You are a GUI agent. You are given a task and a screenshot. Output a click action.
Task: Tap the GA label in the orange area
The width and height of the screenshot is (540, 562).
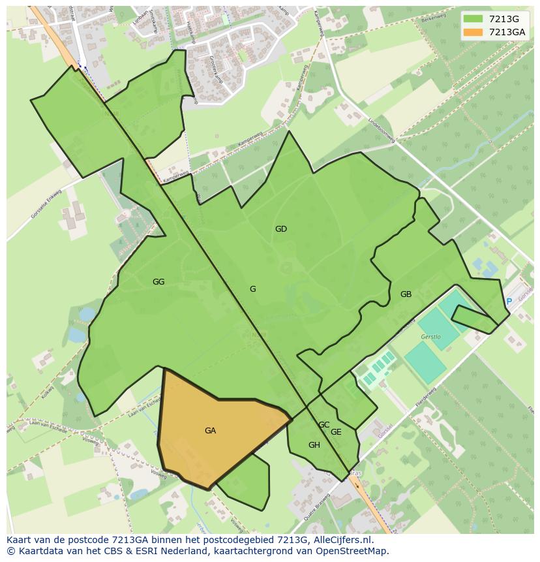(210, 431)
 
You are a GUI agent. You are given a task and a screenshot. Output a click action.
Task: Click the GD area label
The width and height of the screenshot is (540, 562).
(281, 229)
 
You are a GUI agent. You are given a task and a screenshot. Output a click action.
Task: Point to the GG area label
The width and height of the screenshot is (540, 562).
(158, 282)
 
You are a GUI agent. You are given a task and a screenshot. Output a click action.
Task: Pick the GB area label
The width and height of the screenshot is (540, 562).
(406, 294)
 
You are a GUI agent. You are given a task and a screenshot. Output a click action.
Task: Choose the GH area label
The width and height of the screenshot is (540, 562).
(314, 445)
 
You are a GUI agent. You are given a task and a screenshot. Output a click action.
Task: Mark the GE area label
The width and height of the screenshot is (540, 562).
(336, 432)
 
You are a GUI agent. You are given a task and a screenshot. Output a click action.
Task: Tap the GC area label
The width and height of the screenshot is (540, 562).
(323, 425)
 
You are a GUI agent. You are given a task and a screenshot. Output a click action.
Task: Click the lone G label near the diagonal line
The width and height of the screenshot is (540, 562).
(252, 289)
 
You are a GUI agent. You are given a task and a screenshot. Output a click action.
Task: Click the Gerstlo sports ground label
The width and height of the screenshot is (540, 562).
(430, 337)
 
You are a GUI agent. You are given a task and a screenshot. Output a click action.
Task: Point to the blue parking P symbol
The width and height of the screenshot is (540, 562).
(509, 302)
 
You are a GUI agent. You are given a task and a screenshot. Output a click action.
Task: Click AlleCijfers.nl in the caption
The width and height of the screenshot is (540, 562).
(342, 540)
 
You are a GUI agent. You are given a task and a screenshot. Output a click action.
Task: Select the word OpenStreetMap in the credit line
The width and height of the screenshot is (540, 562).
(355, 551)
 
